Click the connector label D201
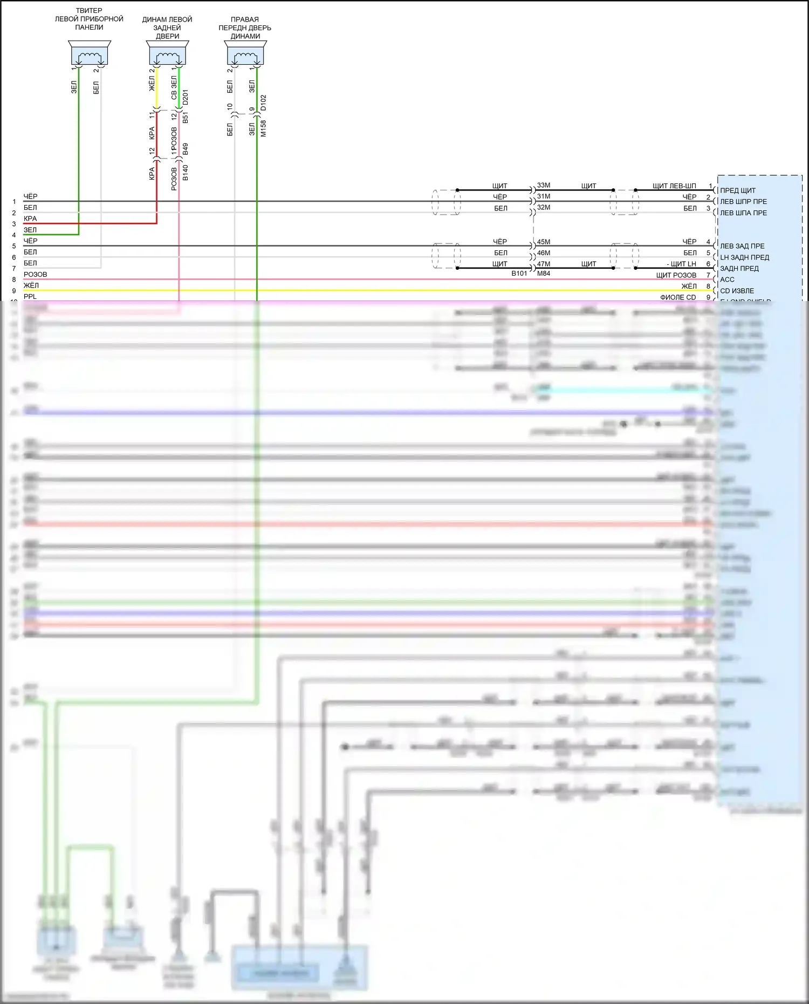pyautogui.click(x=186, y=98)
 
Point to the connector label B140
pyautogui.click(x=186, y=173)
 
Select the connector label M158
pyautogui.click(x=263, y=128)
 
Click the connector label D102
pyautogui.click(x=263, y=103)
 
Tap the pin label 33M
pyautogui.click(x=544, y=186)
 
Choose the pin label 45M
pyautogui.click(x=544, y=242)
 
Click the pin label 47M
pyautogui.click(x=544, y=264)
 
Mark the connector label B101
pyautogui.click(x=519, y=274)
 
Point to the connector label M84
pyautogui.click(x=544, y=274)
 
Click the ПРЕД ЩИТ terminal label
pyautogui.click(x=738, y=190)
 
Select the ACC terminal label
pyautogui.click(x=727, y=279)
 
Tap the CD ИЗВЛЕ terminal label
pyautogui.click(x=737, y=291)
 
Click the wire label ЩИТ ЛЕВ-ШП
pyautogui.click(x=674, y=186)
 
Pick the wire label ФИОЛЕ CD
pyautogui.click(x=678, y=297)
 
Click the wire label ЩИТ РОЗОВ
pyautogui.click(x=676, y=275)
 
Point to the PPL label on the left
pyautogui.click(x=30, y=297)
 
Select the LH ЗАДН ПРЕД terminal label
pyautogui.click(x=744, y=257)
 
